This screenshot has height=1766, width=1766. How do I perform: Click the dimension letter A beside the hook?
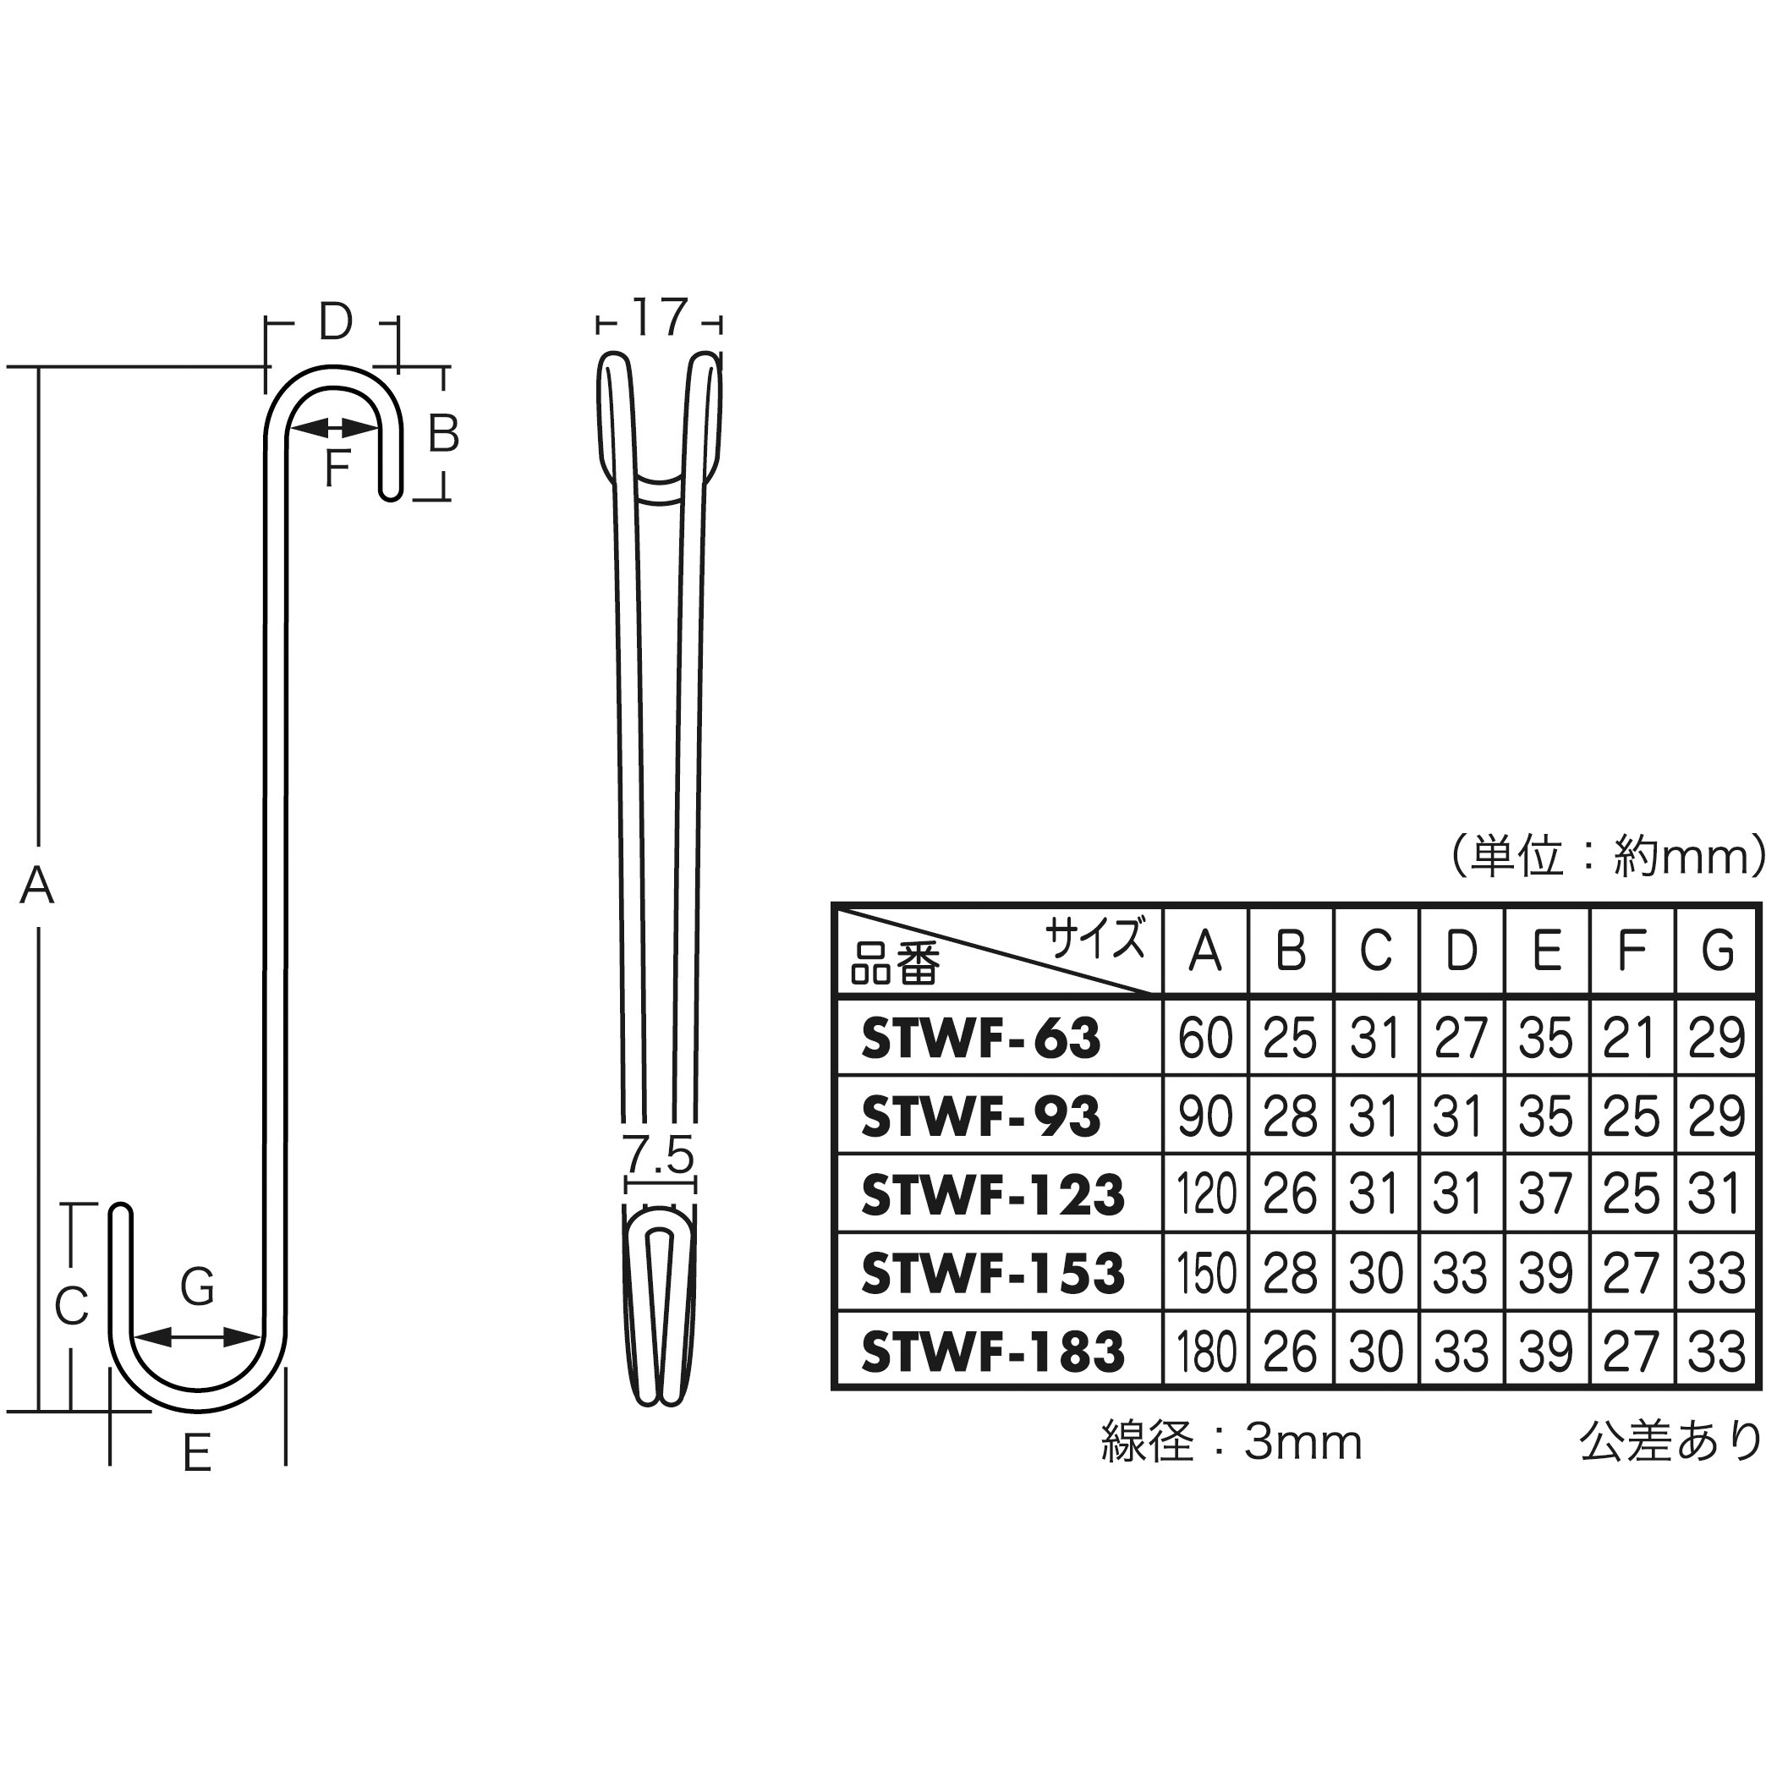(36, 885)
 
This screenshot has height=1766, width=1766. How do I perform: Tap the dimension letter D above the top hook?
(335, 321)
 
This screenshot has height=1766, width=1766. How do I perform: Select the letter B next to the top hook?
(443, 434)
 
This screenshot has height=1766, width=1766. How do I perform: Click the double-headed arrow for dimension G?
(197, 1337)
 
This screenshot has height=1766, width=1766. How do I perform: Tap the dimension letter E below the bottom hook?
(197, 1452)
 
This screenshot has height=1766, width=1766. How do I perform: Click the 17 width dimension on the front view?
(659, 318)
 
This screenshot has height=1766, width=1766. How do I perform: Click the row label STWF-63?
(981, 1039)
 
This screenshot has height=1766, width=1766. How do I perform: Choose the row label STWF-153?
(992, 1272)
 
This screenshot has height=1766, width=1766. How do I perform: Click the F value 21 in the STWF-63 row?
(1632, 1039)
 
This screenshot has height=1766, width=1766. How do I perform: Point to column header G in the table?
(1718, 951)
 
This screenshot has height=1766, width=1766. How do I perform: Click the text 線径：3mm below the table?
(1231, 1442)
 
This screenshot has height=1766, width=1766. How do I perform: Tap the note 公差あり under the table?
(1670, 1441)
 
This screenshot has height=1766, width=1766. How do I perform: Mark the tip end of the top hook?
(390, 494)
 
